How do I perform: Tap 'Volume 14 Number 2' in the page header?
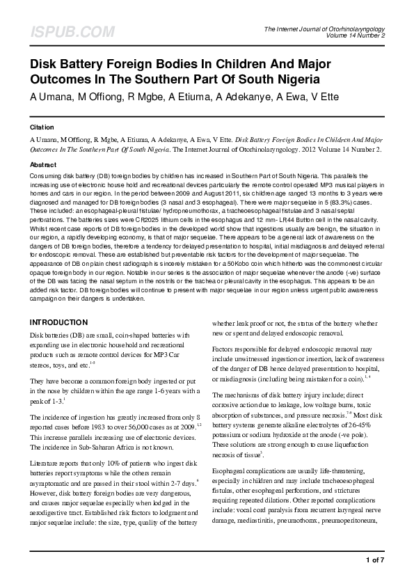point(365,35)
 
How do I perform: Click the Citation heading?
point(42,129)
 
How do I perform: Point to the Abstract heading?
point(43,165)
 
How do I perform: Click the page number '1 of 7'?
point(374,560)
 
